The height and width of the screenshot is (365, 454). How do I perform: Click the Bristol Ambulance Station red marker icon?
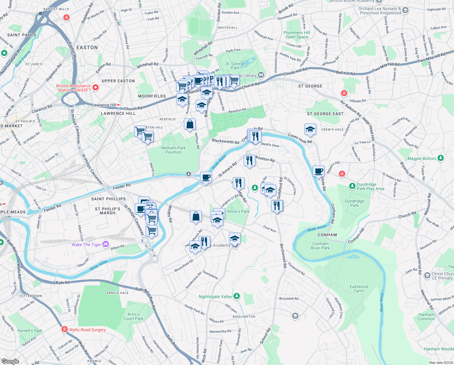coord(96,88)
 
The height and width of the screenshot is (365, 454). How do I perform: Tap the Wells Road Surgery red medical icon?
coord(64,329)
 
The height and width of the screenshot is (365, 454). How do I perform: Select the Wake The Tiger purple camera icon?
coord(105,244)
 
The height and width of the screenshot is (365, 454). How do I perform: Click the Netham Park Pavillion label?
coord(173,150)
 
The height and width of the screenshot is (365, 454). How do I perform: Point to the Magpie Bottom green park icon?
coord(441,158)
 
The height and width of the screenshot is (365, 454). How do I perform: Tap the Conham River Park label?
coord(320,246)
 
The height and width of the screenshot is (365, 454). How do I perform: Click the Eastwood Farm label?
coord(359,289)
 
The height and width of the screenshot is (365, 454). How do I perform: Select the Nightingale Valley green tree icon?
coord(237,296)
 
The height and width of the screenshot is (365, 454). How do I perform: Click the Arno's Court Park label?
coord(133,316)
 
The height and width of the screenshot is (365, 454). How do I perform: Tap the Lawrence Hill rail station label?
coord(104,105)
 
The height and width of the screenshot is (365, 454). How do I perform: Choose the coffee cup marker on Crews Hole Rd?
coord(318,171)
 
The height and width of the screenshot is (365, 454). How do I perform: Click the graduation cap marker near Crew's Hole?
coord(310,130)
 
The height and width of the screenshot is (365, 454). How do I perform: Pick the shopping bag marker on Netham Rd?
coord(190,124)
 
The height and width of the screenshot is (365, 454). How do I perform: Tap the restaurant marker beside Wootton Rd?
coord(249,160)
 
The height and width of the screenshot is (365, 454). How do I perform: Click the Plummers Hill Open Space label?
coord(296,35)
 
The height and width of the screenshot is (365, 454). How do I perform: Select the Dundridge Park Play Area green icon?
coord(352,186)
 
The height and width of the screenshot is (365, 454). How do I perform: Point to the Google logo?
coord(10,361)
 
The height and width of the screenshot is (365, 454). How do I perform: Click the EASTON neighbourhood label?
coord(87,47)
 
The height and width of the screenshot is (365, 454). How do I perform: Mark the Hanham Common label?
coord(426,317)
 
